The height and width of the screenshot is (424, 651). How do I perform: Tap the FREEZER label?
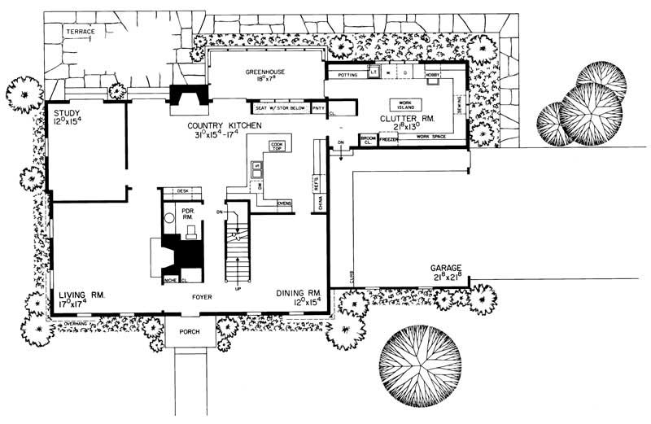pyautogui.click(x=389, y=140)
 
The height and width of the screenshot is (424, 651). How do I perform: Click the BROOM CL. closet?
pyautogui.click(x=367, y=140)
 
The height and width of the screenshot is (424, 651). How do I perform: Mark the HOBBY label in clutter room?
pyautogui.click(x=432, y=74)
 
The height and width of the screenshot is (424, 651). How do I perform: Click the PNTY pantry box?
pyautogui.click(x=318, y=107)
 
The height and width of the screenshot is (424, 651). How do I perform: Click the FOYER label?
pyautogui.click(x=202, y=297)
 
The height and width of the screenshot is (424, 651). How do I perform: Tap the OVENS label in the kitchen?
pyautogui.click(x=285, y=203)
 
